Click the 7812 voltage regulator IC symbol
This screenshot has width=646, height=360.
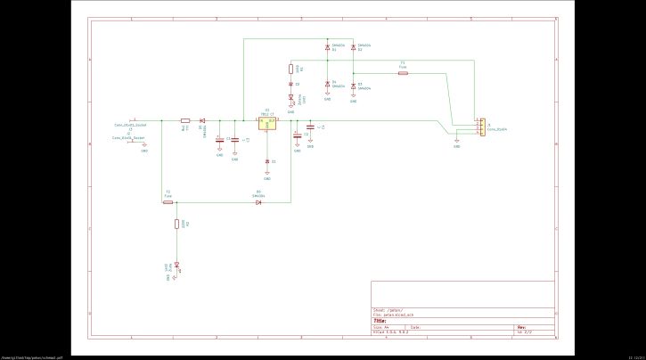[267, 125]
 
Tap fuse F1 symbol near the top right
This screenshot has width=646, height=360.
[403, 73]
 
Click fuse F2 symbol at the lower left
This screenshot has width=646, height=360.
[168, 202]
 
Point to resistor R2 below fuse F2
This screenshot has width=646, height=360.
[177, 225]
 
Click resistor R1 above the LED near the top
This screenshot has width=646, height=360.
[290, 68]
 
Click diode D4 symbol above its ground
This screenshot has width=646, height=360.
[327, 86]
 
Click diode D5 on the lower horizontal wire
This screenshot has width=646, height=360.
[258, 202]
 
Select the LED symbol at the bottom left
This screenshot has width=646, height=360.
[177, 264]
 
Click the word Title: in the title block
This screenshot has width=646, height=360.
[379, 320]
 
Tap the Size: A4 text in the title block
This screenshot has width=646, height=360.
[380, 327]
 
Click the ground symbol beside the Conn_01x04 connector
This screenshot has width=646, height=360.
[457, 140]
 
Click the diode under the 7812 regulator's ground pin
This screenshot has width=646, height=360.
[267, 161]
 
